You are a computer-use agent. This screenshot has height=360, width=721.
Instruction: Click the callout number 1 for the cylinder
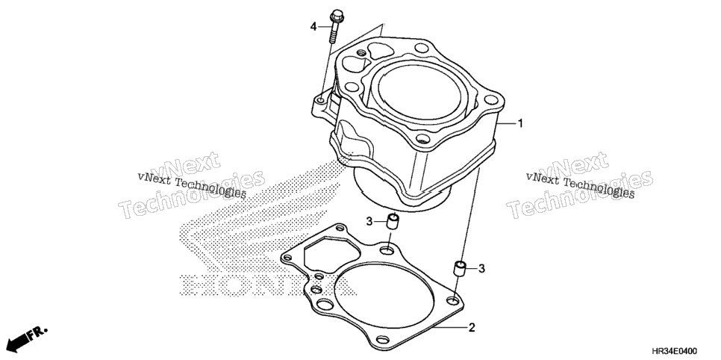tap(520, 123)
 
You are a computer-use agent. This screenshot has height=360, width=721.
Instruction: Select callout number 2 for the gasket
tap(471, 328)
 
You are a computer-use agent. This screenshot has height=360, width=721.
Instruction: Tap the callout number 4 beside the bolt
tap(313, 27)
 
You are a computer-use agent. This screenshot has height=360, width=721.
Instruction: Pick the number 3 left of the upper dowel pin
tap(369, 222)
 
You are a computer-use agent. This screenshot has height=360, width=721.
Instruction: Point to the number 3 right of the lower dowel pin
tap(481, 268)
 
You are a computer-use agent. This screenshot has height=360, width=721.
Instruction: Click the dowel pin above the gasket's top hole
tap(392, 221)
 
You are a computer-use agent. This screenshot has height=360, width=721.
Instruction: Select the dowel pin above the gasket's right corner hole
tap(460, 268)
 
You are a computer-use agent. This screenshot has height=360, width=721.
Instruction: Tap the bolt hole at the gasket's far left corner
tap(287, 258)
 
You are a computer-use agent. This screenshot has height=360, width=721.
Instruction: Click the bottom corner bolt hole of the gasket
tap(382, 340)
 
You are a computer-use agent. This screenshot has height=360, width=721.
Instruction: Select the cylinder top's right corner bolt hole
tap(491, 99)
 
